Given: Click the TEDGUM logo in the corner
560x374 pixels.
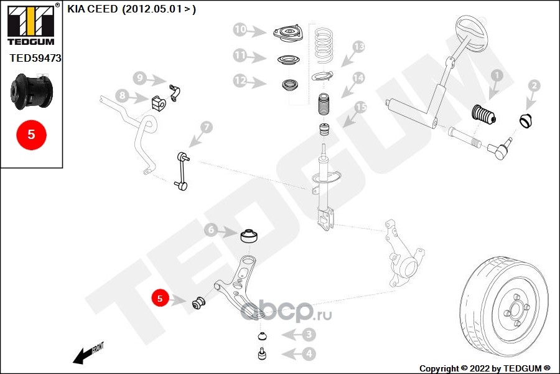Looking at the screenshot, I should [x=30, y=24].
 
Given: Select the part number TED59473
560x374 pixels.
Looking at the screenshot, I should [x=35, y=58].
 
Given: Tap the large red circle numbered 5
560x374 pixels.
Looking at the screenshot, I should [x=30, y=134].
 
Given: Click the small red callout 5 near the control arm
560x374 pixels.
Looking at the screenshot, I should [x=160, y=299].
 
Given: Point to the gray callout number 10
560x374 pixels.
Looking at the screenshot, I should [x=241, y=29].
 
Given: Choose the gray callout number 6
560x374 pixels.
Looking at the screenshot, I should [x=212, y=231].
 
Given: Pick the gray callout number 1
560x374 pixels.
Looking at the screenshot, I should [x=496, y=75].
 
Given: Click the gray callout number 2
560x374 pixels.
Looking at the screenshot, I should [x=533, y=85].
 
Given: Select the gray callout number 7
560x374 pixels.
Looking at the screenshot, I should [x=207, y=127].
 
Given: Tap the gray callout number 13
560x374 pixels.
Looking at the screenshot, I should [x=358, y=47].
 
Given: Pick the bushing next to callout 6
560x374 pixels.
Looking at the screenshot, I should [x=250, y=237].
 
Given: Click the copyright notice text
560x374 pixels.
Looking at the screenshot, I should [x=485, y=368].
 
